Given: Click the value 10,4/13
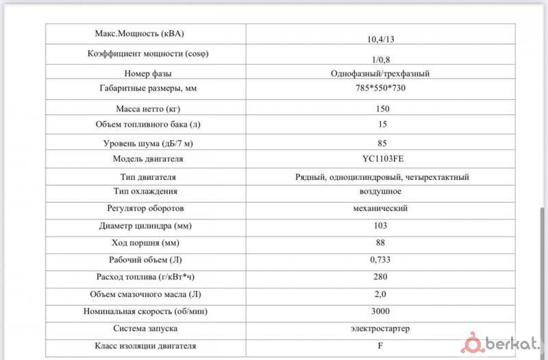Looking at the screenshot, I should [381, 39].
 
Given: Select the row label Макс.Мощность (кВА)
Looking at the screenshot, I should [140, 33].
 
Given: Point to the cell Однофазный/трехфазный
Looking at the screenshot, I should [381, 73].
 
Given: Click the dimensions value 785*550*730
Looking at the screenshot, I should [381, 89].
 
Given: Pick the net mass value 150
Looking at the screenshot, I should [382, 109].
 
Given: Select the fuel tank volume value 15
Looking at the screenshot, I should [382, 125].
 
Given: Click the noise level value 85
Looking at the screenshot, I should [382, 143].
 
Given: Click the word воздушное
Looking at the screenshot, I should [381, 192].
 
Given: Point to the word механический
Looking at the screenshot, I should [381, 208].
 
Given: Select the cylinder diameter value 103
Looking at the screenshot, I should [382, 225].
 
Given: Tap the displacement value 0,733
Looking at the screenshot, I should [381, 259].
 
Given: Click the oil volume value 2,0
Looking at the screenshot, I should [381, 294].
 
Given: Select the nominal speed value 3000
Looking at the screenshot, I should [382, 311].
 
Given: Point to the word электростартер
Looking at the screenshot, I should [381, 329].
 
